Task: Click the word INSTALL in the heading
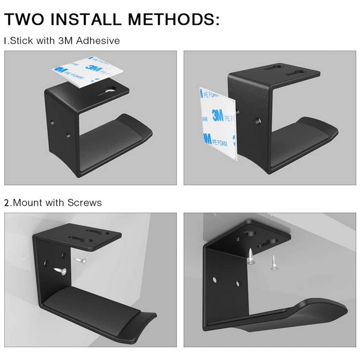pyautogui.click(x=86, y=19)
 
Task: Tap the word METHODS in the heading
pyautogui.click(x=171, y=19)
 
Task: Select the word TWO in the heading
pyautogui.click(x=24, y=19)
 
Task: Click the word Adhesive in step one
pyautogui.click(x=98, y=41)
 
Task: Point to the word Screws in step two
pyautogui.click(x=84, y=203)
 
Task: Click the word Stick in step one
pyautogui.click(x=22, y=41)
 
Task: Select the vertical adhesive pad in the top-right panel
pyautogui.click(x=217, y=123)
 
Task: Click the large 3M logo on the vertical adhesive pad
pyautogui.click(x=217, y=115)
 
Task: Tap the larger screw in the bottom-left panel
pyautogui.click(x=60, y=271)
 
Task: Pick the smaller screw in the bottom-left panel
pyautogui.click(x=81, y=260)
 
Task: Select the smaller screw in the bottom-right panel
pyautogui.click(x=273, y=262)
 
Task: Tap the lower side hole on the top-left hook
pyautogui.click(x=68, y=135)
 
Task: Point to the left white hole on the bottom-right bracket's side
pyautogui.click(x=215, y=280)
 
